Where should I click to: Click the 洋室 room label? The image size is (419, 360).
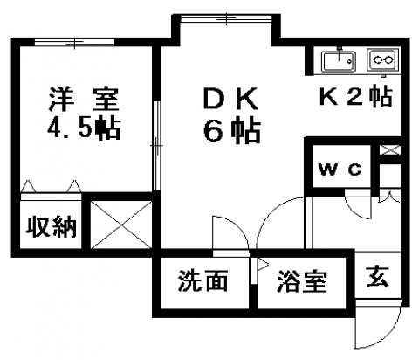(x=84, y=99)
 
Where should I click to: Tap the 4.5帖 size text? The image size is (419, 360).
(x=84, y=128)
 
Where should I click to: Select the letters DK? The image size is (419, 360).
(x=231, y=98)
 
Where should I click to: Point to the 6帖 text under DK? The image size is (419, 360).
(x=231, y=130)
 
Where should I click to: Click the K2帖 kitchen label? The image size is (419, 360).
(x=355, y=96)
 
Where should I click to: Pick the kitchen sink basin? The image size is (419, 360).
(x=339, y=61)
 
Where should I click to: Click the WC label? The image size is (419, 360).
(x=340, y=169)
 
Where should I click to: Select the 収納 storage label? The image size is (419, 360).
(x=52, y=226)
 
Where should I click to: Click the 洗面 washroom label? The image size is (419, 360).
(x=203, y=280)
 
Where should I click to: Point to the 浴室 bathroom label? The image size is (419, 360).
(x=302, y=281)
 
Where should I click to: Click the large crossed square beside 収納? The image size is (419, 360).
(x=121, y=225)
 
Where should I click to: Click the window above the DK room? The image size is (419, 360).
(x=226, y=19)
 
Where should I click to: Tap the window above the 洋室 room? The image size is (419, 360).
(x=74, y=43)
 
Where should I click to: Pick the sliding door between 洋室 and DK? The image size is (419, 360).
(x=157, y=146)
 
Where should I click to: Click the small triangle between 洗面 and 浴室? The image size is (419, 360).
(x=264, y=265)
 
